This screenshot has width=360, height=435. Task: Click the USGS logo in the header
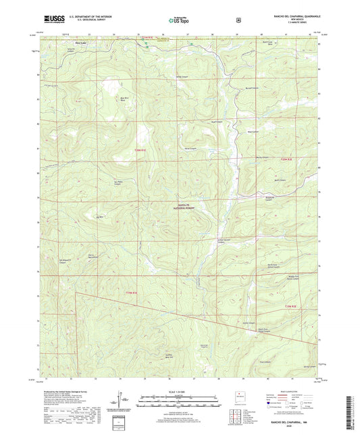point(51,20)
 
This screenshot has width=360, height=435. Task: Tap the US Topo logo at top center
point(179,20)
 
